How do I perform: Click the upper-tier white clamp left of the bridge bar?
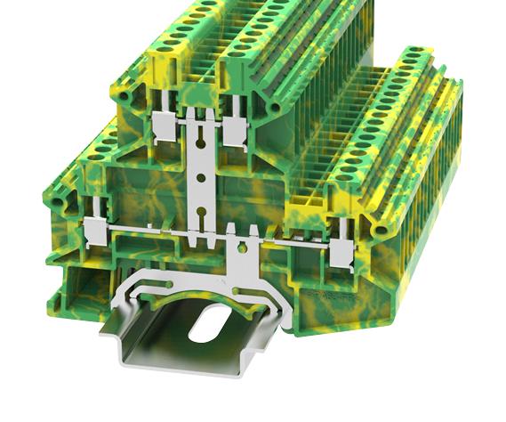tap(164, 126)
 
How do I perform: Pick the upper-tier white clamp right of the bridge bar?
tap(236, 130)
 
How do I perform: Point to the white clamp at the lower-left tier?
tap(93, 234)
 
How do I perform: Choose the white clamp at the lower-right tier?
tap(340, 255)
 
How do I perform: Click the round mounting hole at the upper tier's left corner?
tap(124, 93)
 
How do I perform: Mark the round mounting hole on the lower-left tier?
tap(59, 206)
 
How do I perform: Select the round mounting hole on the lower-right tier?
tap(381, 230)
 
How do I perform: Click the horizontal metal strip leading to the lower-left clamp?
tap(142, 233)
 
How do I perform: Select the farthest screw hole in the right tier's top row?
tap(413, 56)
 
